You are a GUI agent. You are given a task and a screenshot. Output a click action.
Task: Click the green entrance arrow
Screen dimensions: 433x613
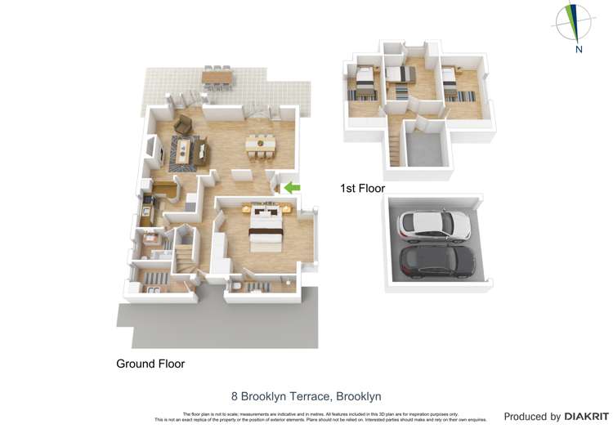pos(292,189)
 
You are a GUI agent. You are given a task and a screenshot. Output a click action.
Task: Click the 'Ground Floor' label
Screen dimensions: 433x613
pos(150,364)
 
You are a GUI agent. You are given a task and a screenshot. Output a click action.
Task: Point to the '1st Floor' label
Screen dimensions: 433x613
pos(362,189)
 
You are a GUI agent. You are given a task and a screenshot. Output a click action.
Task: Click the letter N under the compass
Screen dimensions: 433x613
pos(579,49)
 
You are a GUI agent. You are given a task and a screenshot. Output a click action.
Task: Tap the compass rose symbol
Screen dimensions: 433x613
pos(575,22)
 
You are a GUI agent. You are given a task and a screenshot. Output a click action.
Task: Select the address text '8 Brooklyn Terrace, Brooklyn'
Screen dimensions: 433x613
pos(306,396)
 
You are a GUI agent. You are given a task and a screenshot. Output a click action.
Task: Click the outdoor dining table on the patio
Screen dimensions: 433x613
pos(217,76)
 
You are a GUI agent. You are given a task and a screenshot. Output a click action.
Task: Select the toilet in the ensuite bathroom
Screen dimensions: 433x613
pos(236,286)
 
